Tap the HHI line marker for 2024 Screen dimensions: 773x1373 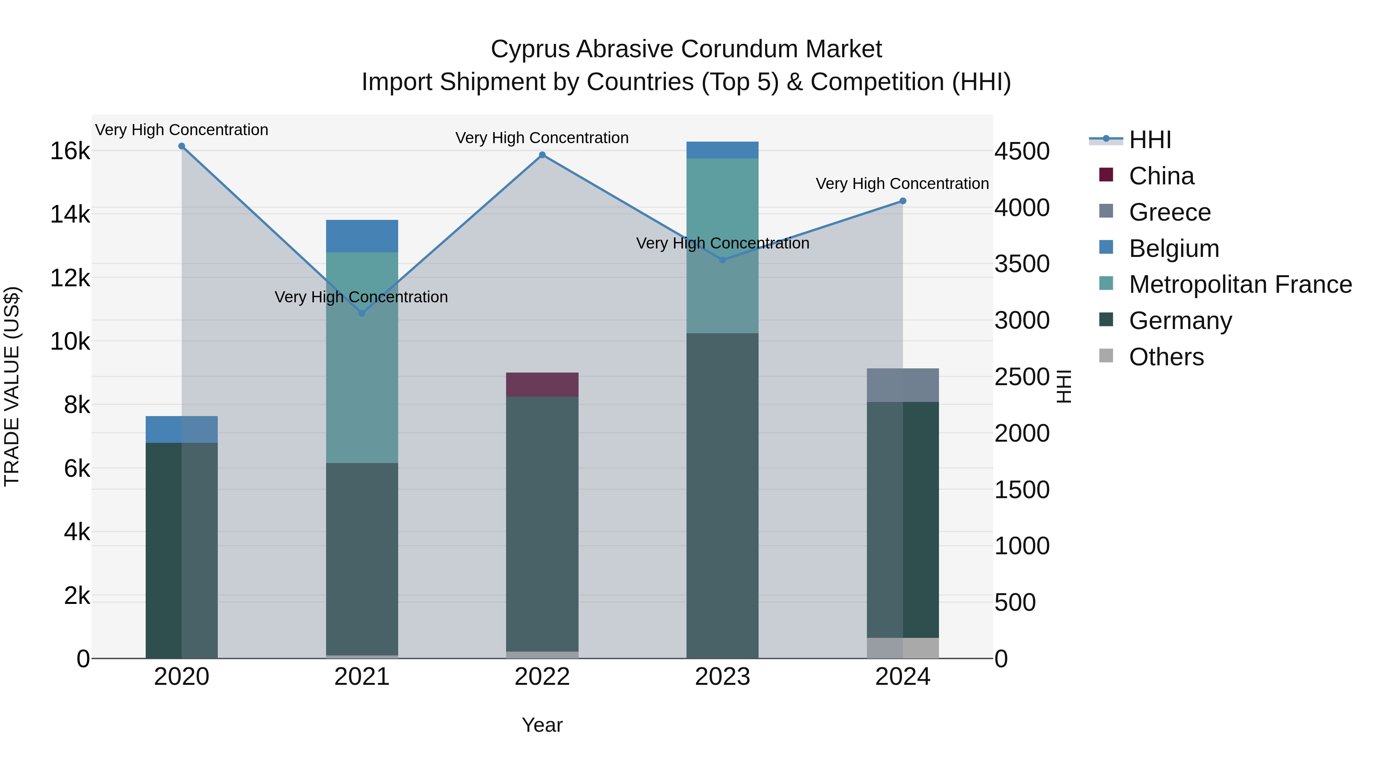pos(902,201)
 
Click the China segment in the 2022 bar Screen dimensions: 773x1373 pos(542,385)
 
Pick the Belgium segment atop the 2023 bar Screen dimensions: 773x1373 pos(722,150)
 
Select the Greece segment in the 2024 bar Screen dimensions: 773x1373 pos(902,385)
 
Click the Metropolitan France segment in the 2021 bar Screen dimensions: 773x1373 pos(362,357)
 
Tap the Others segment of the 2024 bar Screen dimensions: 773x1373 pos(902,648)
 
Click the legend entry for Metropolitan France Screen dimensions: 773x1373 pos(1240,284)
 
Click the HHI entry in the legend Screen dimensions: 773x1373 pos(1150,140)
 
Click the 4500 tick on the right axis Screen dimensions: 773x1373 pos(1022,152)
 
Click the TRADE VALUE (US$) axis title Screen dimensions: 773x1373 pos(12,386)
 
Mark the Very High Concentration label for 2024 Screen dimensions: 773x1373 pos(902,184)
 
